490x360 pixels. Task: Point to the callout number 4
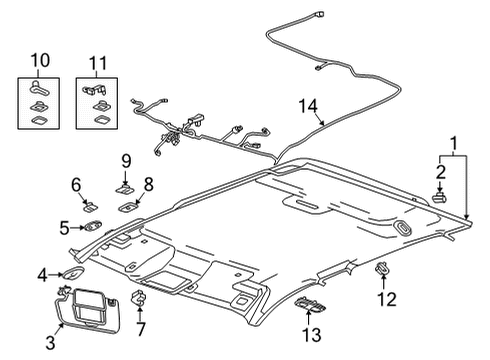43,274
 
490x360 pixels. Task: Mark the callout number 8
147,184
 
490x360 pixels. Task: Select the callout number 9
126,160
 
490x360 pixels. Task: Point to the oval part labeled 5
93,227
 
